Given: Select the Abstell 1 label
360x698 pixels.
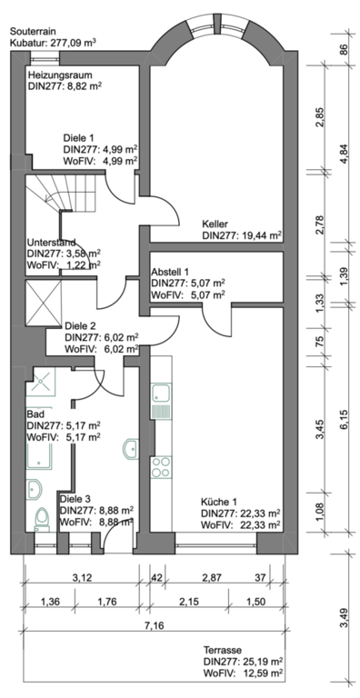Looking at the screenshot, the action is pyautogui.click(x=170, y=272).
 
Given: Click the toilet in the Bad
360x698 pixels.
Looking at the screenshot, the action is pyautogui.click(x=42, y=519).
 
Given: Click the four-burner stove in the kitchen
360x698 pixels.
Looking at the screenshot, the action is pyautogui.click(x=161, y=467).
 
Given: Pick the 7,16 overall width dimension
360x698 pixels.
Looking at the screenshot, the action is pyautogui.click(x=155, y=626).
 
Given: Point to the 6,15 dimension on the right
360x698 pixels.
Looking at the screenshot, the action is pyautogui.click(x=344, y=419).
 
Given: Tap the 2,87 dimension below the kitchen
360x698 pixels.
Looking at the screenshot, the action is pyautogui.click(x=211, y=578).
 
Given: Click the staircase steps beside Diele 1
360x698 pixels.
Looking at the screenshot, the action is pyautogui.click(x=63, y=192).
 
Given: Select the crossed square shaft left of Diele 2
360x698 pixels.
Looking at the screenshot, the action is pyautogui.click(x=44, y=304).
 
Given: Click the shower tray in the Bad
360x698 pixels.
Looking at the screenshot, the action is pyautogui.click(x=40, y=381).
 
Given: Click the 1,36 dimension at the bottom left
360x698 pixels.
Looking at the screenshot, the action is pyautogui.click(x=50, y=602).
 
